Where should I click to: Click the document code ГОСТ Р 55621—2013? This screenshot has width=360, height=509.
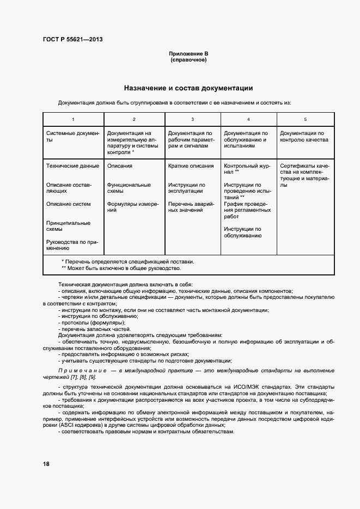[x=72, y=39]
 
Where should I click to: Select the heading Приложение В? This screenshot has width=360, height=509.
[x=188, y=54]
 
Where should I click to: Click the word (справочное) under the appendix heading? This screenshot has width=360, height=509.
[x=188, y=60]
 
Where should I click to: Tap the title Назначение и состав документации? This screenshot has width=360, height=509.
[x=188, y=88]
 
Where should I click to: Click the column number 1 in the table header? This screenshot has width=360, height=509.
[x=73, y=119]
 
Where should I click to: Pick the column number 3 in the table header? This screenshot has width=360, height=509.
[x=192, y=119]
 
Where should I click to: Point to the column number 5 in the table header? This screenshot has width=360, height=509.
[x=305, y=119]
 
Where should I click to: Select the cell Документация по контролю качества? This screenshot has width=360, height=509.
[x=304, y=136]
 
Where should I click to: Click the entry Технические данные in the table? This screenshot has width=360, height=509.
[x=73, y=166]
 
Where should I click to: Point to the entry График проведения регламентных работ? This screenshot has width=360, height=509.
[x=246, y=210]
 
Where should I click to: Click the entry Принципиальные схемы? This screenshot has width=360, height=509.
[x=69, y=226]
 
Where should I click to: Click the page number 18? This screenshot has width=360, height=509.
[x=46, y=464]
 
